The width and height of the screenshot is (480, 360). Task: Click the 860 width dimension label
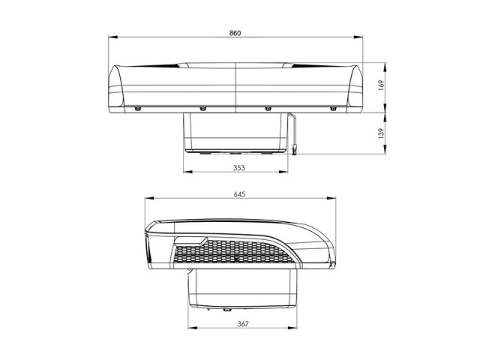pyautogui.click(x=235, y=33)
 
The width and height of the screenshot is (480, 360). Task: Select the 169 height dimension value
pyautogui.click(x=381, y=85)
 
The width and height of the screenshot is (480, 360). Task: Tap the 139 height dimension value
pyautogui.click(x=381, y=133)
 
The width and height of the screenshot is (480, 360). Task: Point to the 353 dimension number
pyautogui.click(x=239, y=168)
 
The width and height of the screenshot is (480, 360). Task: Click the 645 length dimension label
pyautogui.click(x=239, y=194)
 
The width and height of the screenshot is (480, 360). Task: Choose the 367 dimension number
pyautogui.click(x=243, y=324)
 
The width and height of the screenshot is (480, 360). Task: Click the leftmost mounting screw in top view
pyautogui.click(x=137, y=109)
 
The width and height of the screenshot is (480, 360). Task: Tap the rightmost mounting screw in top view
pyautogui.click(x=333, y=109)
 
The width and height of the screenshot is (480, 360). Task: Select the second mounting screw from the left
pyautogui.click(x=202, y=109)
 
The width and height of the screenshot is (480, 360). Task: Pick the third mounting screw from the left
pyautogui.click(x=268, y=109)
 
